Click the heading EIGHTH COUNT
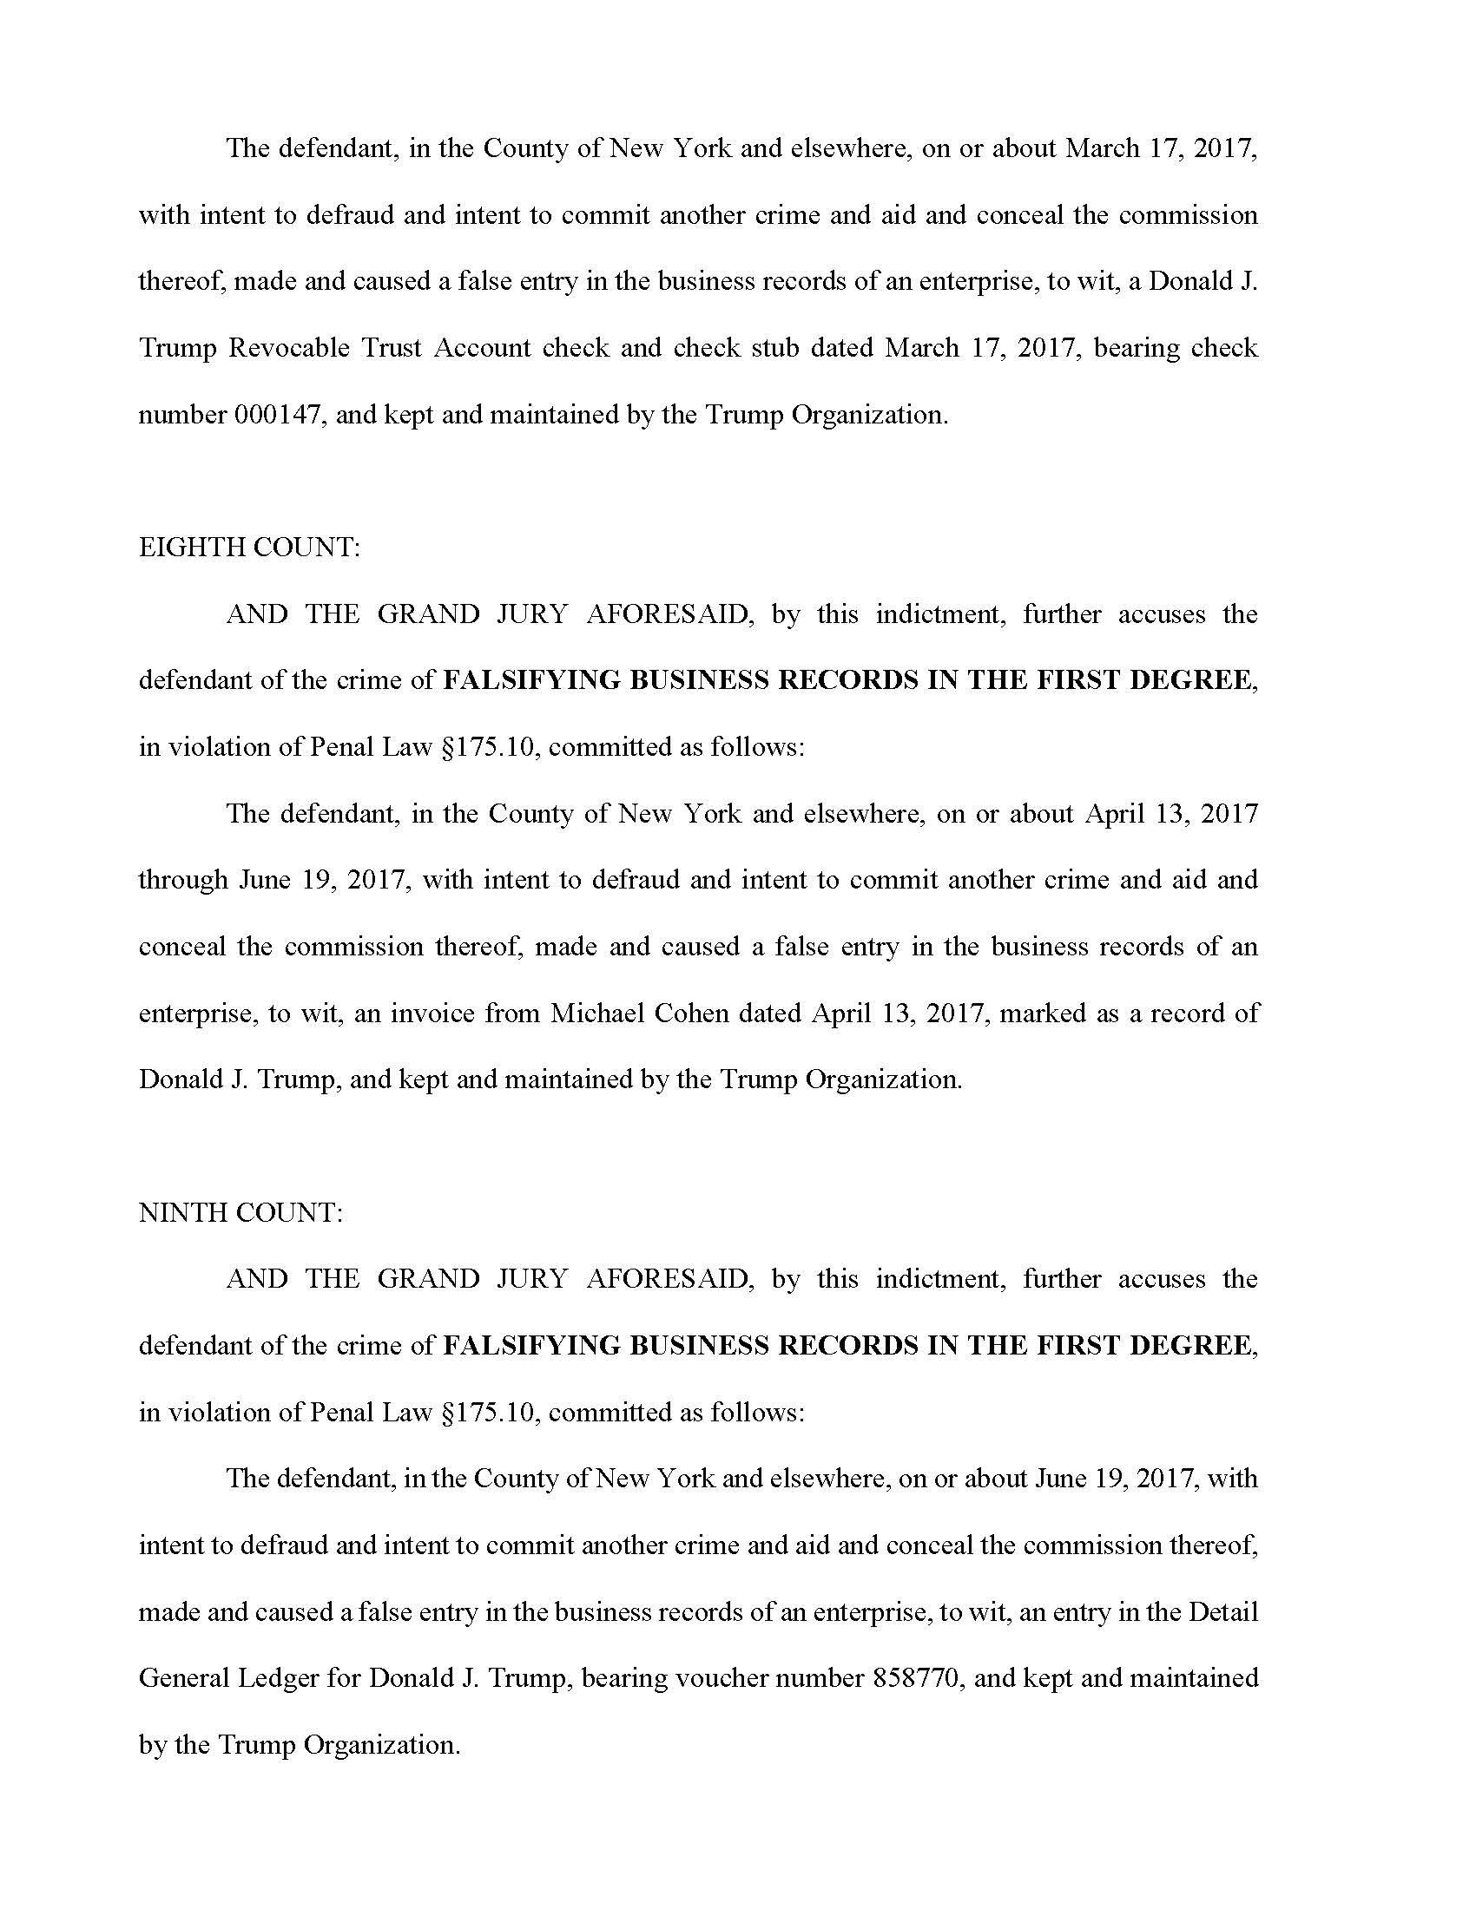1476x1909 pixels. tap(249, 548)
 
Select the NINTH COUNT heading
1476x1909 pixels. tap(241, 1212)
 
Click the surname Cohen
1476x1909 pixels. tap(686, 1013)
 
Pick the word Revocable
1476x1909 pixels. tap(287, 348)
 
